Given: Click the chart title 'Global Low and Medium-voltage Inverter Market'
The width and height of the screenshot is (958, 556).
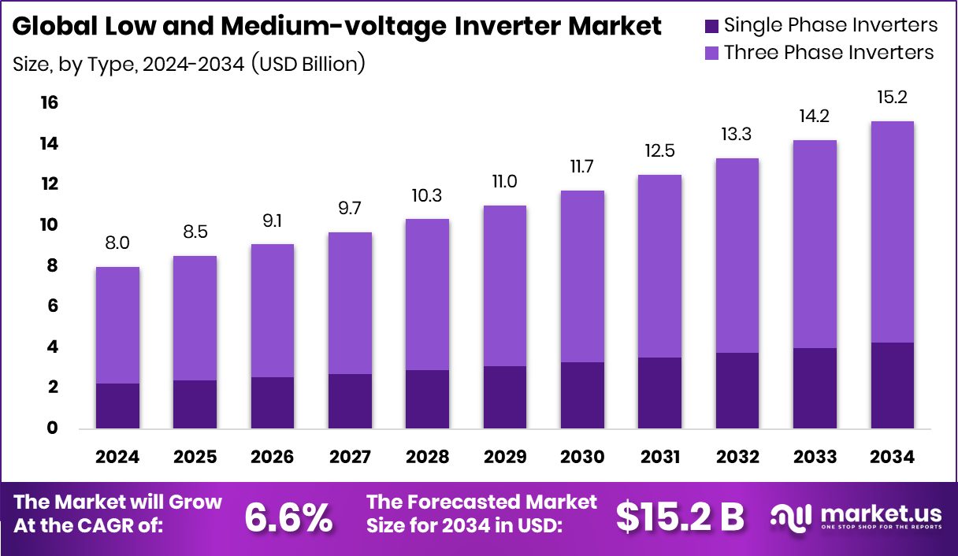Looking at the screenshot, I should tap(337, 27).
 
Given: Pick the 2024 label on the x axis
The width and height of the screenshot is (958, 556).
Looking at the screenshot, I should tap(117, 458).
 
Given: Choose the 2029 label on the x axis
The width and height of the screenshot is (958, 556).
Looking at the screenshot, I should tap(505, 458).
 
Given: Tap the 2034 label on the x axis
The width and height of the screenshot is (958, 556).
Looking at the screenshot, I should tap(893, 458).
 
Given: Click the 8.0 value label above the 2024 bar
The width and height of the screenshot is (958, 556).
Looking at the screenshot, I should tap(117, 243).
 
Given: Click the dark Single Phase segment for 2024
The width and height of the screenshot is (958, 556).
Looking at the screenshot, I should tap(117, 406).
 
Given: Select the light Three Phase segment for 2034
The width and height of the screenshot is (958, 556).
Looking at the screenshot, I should tap(893, 232).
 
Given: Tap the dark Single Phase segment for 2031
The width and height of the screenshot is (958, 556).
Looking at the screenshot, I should tap(659, 393).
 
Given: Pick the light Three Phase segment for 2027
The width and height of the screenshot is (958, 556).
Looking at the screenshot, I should tap(350, 303).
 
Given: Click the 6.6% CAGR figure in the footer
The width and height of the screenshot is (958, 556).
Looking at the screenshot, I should tap(288, 517).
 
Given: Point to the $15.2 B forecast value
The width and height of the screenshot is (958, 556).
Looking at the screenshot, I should tap(679, 517).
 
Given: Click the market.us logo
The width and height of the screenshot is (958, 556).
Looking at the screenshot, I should tap(856, 517).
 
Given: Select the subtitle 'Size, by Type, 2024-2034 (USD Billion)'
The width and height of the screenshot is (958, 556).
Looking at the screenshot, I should tap(189, 63).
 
